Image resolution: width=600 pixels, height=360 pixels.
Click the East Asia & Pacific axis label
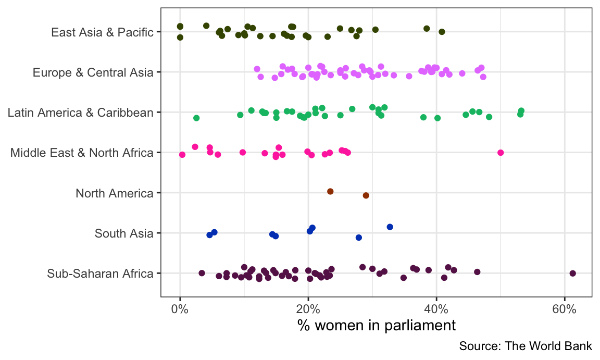pos(102,32)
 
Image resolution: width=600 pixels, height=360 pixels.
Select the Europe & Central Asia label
pos(93,72)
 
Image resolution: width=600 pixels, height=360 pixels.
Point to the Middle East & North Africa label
pos(82,153)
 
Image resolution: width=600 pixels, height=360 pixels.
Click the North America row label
pos(114,193)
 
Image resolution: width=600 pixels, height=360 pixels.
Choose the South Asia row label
pos(124,233)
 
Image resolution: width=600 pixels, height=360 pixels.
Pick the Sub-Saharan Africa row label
pos(100,274)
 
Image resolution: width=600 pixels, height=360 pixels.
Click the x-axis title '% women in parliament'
pos(377,326)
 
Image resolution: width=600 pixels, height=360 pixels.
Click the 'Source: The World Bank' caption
pos(526,346)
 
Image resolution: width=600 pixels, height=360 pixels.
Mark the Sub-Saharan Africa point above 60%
pos(573,273)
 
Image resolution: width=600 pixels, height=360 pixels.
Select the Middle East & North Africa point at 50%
pos(501,153)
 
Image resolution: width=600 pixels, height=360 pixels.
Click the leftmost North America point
pos(330,192)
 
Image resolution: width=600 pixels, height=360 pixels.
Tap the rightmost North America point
pos(366,195)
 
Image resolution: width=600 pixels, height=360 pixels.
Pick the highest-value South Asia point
pos(390,227)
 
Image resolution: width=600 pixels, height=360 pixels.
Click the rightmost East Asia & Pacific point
pos(442,32)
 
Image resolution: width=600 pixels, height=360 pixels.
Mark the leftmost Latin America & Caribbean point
pos(196,118)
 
